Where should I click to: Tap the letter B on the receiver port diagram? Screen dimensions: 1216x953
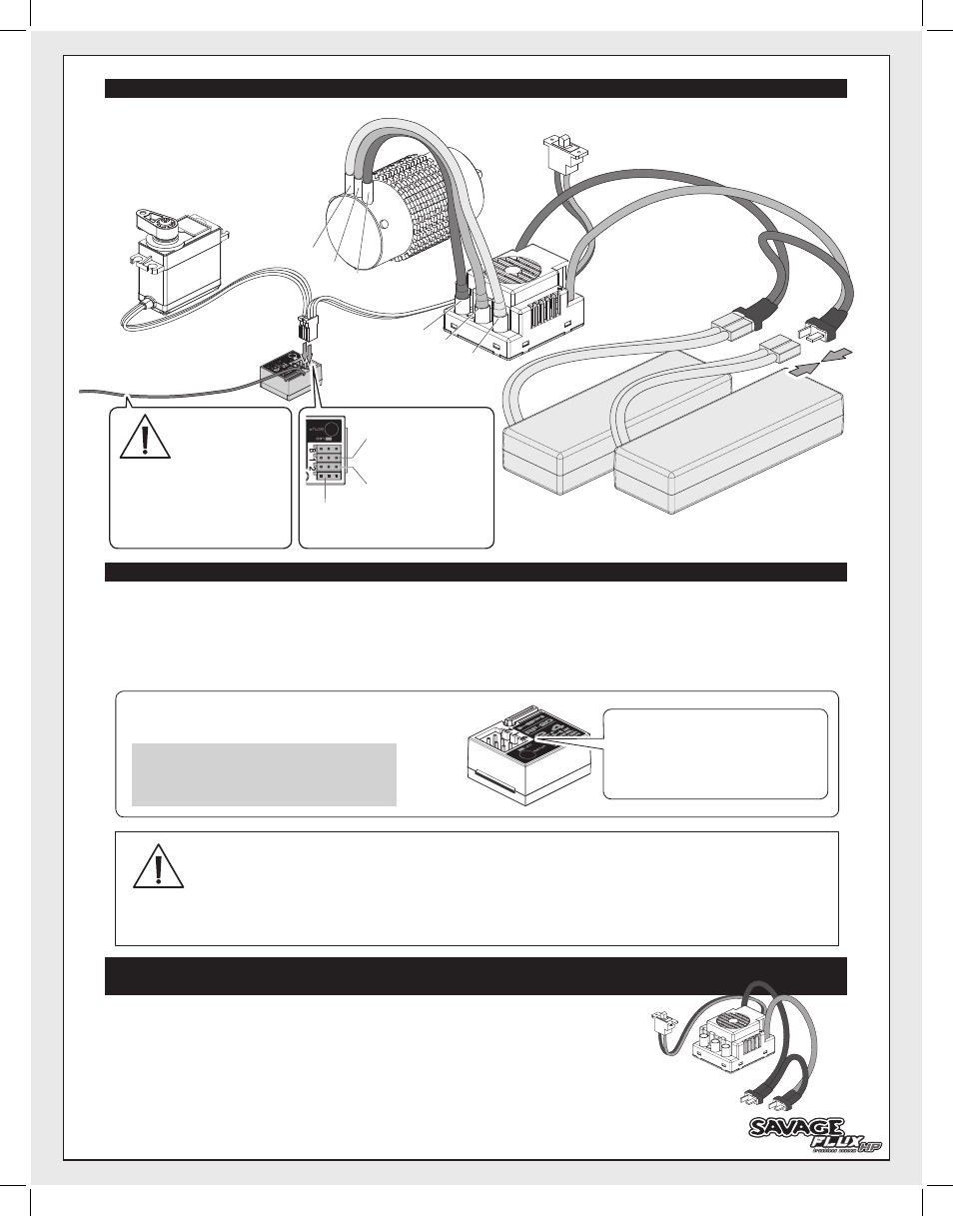313,452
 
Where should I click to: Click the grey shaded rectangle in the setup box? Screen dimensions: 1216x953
264,773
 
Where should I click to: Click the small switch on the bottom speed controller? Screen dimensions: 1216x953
659,1024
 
